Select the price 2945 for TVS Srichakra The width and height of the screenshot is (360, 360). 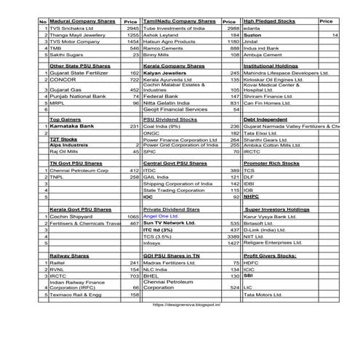pyautogui.click(x=132, y=28)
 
